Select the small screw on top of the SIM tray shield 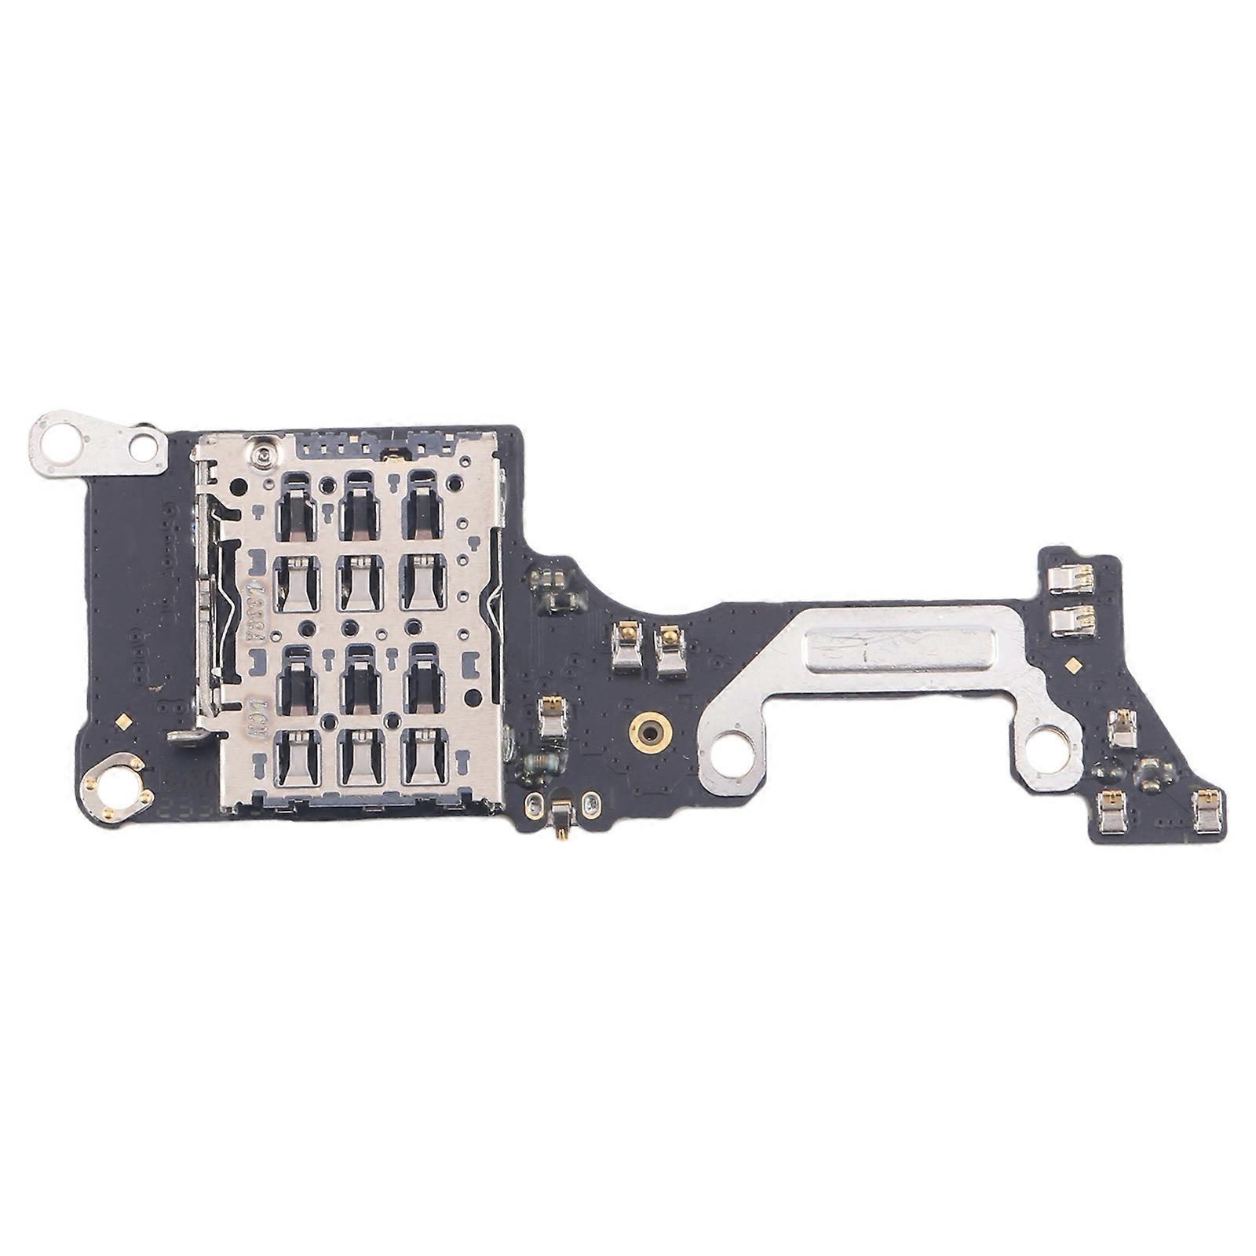(257, 452)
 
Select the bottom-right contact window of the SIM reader (425, 759)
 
